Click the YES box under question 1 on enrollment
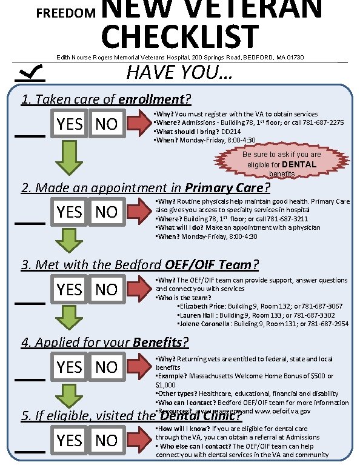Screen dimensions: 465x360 point(70,124)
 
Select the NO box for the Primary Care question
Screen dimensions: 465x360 point(107,212)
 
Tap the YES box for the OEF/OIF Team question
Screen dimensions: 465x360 point(70,289)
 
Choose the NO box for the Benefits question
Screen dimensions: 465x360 point(107,367)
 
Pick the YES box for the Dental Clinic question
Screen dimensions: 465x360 point(70,440)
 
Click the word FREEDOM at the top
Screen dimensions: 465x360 point(67,12)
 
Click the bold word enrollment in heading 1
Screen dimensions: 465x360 point(152,99)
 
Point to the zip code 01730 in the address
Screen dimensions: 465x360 point(294,57)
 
